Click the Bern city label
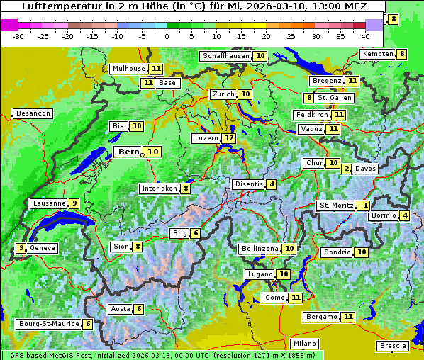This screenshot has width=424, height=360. (128, 152)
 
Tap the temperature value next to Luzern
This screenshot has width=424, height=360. (228, 138)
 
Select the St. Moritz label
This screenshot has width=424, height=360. (336, 206)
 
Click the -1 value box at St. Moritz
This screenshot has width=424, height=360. (363, 206)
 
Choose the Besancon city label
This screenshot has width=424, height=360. (33, 113)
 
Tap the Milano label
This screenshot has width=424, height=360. (305, 343)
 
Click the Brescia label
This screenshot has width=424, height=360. (393, 346)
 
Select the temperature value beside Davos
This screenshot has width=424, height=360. (347, 169)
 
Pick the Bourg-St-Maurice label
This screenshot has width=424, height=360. (48, 324)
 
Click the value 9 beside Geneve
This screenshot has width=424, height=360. (21, 248)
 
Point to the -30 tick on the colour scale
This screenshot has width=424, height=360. (18, 36)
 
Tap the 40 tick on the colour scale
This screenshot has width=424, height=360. (365, 36)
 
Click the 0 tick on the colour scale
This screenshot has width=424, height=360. (167, 36)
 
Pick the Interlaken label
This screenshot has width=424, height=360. (159, 189)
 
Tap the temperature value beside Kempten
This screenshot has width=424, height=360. (402, 54)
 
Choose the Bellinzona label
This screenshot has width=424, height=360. (258, 249)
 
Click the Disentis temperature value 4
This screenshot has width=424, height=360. (272, 184)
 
